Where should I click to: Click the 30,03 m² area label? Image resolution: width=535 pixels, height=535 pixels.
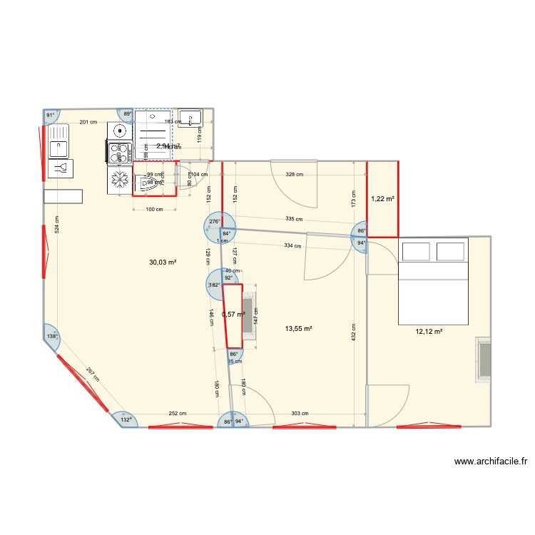(163, 262)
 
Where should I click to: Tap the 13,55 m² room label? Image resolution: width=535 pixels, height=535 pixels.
(299, 329)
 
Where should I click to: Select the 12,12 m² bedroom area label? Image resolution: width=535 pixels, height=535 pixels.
(429, 331)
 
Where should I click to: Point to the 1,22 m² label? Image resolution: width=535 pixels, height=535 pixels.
(382, 199)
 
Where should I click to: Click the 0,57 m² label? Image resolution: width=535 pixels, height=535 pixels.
(233, 314)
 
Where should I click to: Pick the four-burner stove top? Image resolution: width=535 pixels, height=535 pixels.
(120, 151)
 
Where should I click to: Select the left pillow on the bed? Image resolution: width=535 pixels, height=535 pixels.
(416, 252)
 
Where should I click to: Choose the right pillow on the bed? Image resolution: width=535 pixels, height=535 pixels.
(451, 252)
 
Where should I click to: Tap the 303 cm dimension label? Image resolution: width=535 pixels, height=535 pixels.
(300, 413)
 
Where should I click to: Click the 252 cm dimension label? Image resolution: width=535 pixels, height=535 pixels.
(178, 413)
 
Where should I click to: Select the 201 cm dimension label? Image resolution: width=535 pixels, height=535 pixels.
(88, 122)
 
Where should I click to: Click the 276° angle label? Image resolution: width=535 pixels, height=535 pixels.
(214, 222)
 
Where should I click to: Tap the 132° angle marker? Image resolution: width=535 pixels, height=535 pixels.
(125, 419)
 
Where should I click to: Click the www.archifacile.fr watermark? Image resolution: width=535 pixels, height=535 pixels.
(490, 462)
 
